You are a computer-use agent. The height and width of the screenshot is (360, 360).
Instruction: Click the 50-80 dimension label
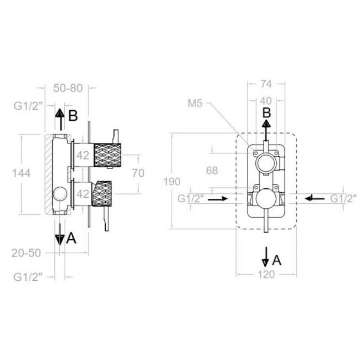[68, 88]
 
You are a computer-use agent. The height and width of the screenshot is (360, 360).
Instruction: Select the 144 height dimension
[21, 173]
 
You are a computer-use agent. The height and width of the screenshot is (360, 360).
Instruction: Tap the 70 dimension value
[138, 173]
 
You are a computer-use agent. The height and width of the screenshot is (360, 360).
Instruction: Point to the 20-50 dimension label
[26, 253]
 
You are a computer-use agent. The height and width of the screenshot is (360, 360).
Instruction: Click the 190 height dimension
[172, 182]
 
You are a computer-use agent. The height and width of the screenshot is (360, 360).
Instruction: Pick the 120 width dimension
[266, 274]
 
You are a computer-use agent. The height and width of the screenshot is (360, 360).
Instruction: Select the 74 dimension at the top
[266, 84]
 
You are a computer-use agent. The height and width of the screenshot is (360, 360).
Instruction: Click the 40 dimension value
[266, 101]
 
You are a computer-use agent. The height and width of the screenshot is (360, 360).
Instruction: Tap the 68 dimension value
[212, 171]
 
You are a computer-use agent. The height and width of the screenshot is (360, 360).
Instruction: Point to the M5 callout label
[195, 104]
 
